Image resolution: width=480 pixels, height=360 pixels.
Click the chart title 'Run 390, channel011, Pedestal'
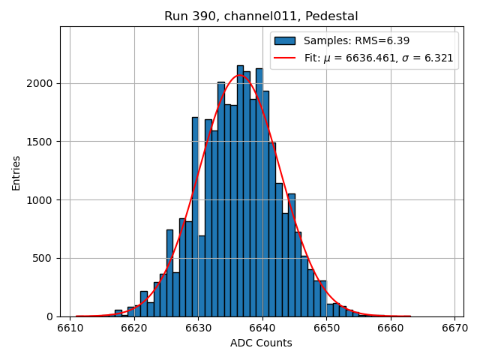point(261,16)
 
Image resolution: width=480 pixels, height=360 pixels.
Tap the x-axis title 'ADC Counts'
point(261,343)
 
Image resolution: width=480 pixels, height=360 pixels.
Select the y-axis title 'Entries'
point(16,172)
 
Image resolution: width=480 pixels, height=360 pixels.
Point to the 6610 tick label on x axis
point(70,328)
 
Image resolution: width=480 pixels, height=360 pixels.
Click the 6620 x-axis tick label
point(134,328)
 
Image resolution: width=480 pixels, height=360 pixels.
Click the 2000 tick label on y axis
point(42,83)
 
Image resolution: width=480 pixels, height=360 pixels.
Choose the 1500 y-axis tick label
point(42,142)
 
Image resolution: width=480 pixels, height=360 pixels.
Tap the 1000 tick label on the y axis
point(42,199)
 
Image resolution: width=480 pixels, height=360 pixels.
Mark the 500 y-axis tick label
point(45,258)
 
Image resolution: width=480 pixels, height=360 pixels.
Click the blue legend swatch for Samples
point(285,41)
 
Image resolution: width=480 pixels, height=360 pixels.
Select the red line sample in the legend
point(285,58)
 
